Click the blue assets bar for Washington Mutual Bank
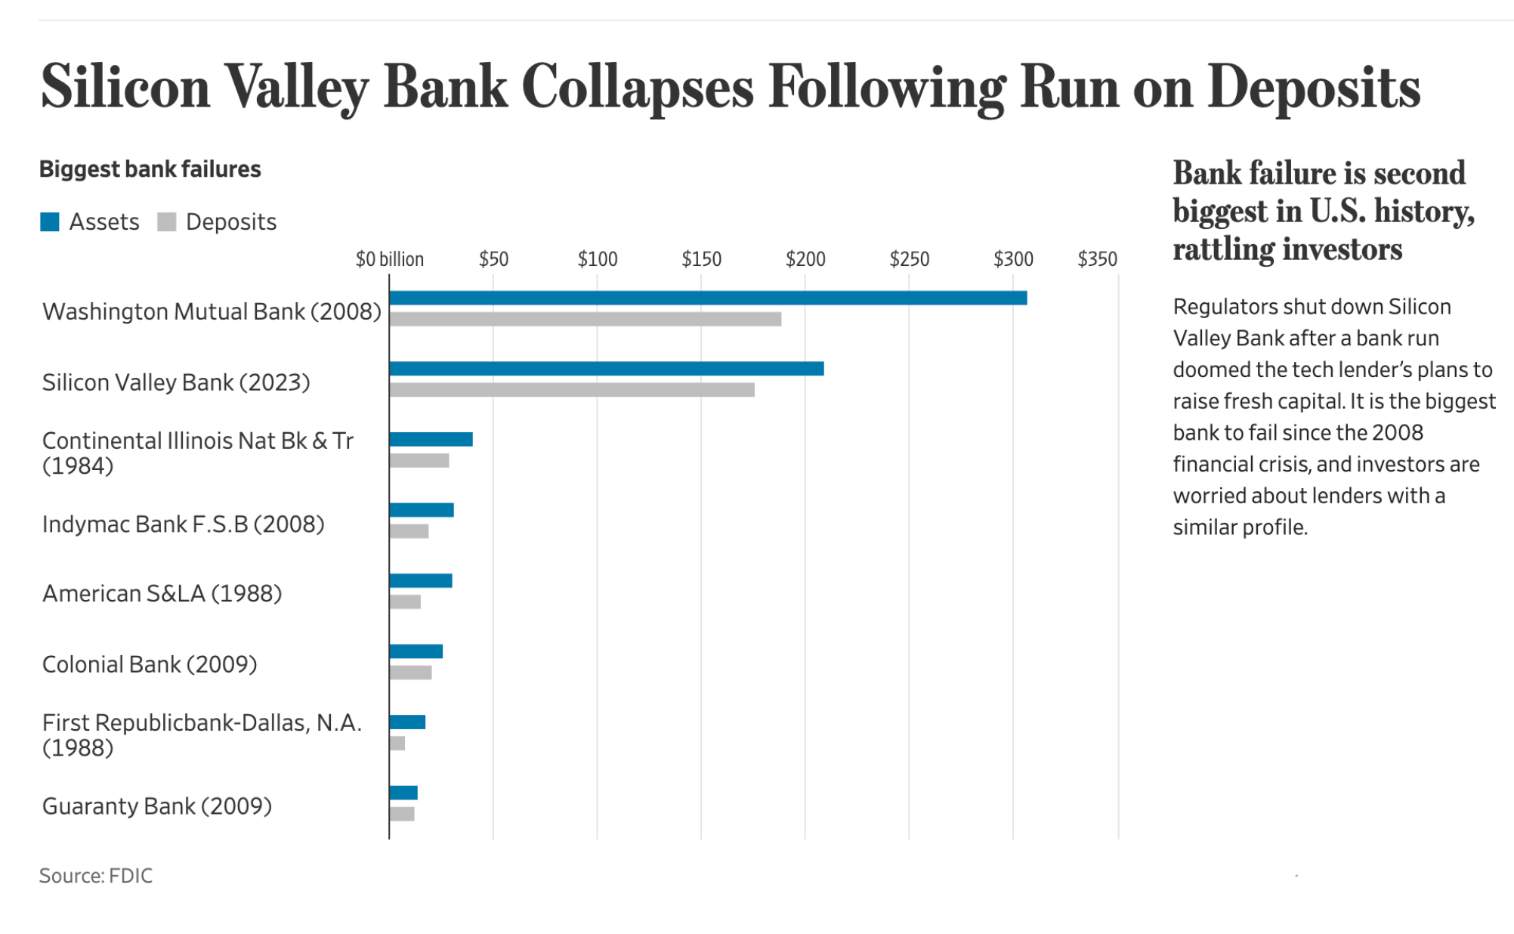[707, 298]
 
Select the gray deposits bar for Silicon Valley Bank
[571, 390]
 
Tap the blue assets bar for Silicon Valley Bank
[606, 369]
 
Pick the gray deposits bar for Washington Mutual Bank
[585, 319]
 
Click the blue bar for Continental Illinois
[431, 440]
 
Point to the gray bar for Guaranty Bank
[402, 814]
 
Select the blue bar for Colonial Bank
[416, 651]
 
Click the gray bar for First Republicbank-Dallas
[397, 744]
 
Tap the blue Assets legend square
[50, 221]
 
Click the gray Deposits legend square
[166, 221]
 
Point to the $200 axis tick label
[805, 259]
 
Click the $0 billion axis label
[389, 259]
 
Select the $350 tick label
[1096, 259]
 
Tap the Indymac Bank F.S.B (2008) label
[183, 524]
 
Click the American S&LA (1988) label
[162, 593]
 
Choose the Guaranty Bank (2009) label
[156, 806]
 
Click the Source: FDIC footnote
[96, 875]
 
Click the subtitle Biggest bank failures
[150, 169]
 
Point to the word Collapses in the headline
[637, 88]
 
